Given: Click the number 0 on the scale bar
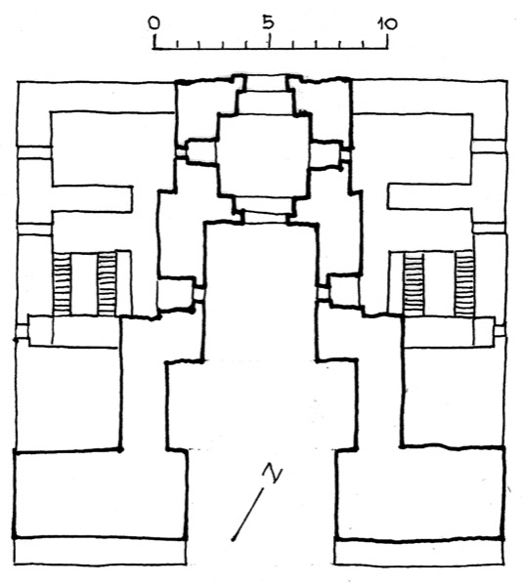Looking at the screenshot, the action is pos(154,22).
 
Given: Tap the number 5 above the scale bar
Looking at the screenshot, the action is pos(269,22).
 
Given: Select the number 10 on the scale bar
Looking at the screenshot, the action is pos(387,24).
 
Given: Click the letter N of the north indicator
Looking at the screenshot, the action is pos(273,473).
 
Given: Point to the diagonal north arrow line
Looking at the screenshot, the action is pos(247,514).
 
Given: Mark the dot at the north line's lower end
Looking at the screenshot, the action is pos(234,538).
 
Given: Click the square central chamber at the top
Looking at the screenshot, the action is pos(264,154).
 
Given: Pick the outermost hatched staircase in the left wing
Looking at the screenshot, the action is pos(62,283).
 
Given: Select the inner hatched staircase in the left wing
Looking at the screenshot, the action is pos(107,283).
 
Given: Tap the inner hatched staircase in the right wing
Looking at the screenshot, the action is pos(413,283).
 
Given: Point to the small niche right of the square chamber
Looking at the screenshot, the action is pos(326,154).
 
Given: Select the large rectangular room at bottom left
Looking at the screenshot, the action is pos(100,494).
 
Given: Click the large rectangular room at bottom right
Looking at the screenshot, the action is pos(419,492).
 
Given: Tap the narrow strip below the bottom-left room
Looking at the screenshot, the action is pos(101,551).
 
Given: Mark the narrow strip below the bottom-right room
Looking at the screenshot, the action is pos(418,552).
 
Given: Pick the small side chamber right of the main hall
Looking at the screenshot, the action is pos(344,290).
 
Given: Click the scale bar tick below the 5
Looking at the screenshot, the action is pos(269,43).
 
